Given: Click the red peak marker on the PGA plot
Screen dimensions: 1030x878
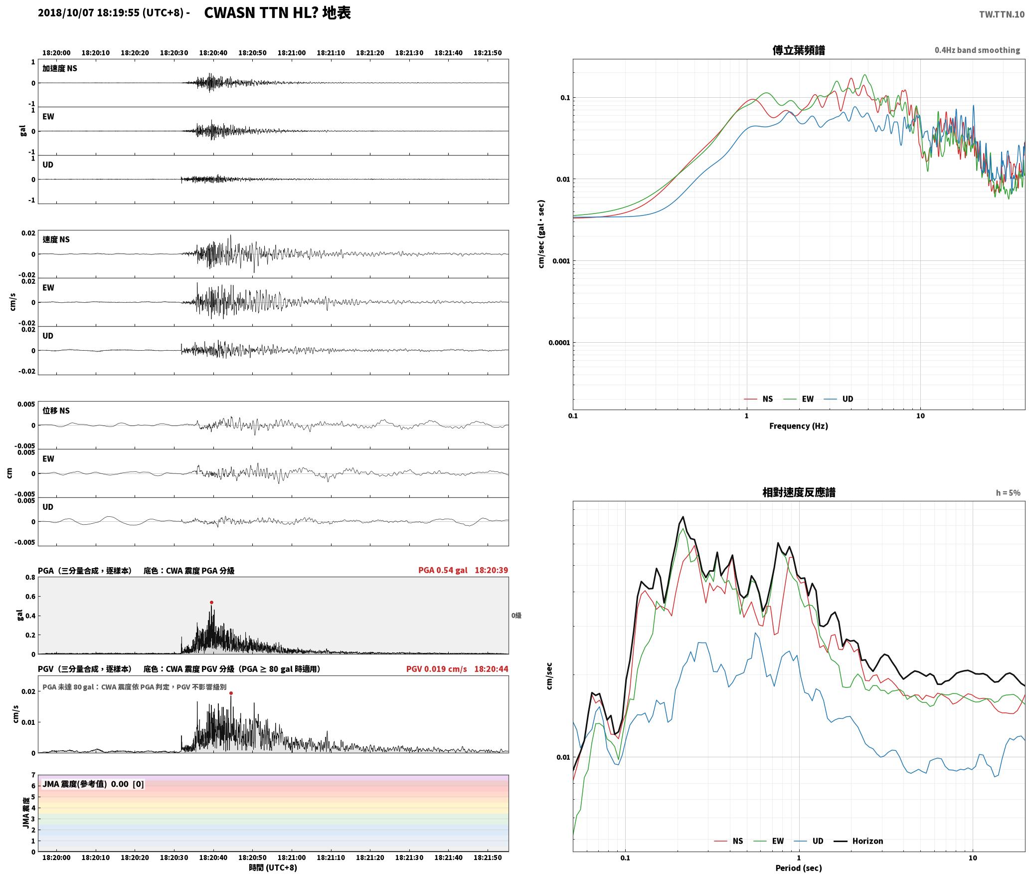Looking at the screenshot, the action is [x=211, y=602].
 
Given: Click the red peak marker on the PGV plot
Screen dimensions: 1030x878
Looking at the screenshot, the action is [x=231, y=693].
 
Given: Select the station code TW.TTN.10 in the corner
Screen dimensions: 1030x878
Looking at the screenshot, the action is [x=1002, y=14].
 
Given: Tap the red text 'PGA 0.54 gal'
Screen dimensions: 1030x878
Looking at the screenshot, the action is [x=443, y=570].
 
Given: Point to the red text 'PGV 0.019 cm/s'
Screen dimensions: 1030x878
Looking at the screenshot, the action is [x=437, y=669].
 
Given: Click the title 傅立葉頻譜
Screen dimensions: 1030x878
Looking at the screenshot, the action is [x=799, y=50].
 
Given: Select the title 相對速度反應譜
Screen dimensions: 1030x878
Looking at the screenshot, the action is [x=799, y=492].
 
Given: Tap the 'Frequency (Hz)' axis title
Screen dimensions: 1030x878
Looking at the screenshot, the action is [x=799, y=426].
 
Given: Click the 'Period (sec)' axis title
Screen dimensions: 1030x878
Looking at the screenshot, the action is [x=799, y=868].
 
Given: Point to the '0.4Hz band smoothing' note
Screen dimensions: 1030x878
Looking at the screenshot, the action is [x=977, y=50].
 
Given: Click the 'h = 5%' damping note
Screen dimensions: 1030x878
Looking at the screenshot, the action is [x=1008, y=493].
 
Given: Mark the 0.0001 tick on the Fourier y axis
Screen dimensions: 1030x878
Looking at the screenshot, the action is [x=559, y=343].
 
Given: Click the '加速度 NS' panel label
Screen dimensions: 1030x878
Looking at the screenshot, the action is [x=60, y=68].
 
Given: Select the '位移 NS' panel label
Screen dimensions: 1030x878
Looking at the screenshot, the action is [x=56, y=411].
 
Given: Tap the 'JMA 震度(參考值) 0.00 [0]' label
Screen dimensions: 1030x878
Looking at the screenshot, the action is [x=93, y=784].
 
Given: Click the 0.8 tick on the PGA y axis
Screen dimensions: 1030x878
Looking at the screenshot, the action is [x=30, y=578].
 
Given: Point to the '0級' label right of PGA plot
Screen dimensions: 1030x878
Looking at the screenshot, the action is [x=516, y=616].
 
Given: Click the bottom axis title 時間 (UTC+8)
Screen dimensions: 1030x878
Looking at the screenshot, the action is [x=273, y=868].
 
